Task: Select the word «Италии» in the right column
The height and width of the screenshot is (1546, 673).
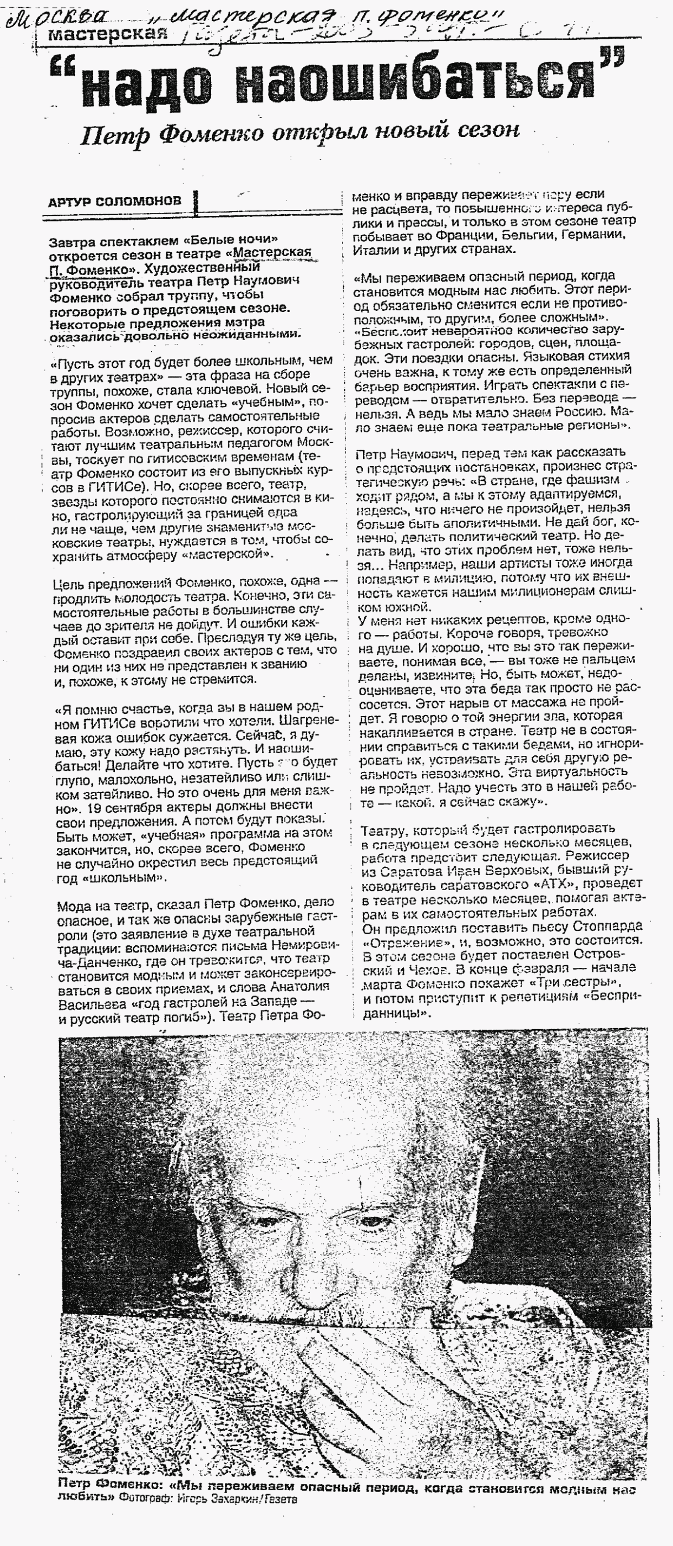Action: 372,249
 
